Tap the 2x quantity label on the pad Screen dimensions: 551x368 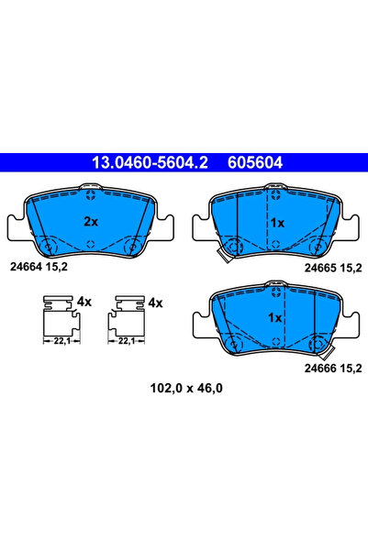91,221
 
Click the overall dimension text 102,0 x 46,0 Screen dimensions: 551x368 184,388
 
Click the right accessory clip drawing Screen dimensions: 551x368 128,317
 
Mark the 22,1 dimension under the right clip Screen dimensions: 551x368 128,340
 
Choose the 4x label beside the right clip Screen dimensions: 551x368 155,302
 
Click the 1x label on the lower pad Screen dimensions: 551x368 273,317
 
